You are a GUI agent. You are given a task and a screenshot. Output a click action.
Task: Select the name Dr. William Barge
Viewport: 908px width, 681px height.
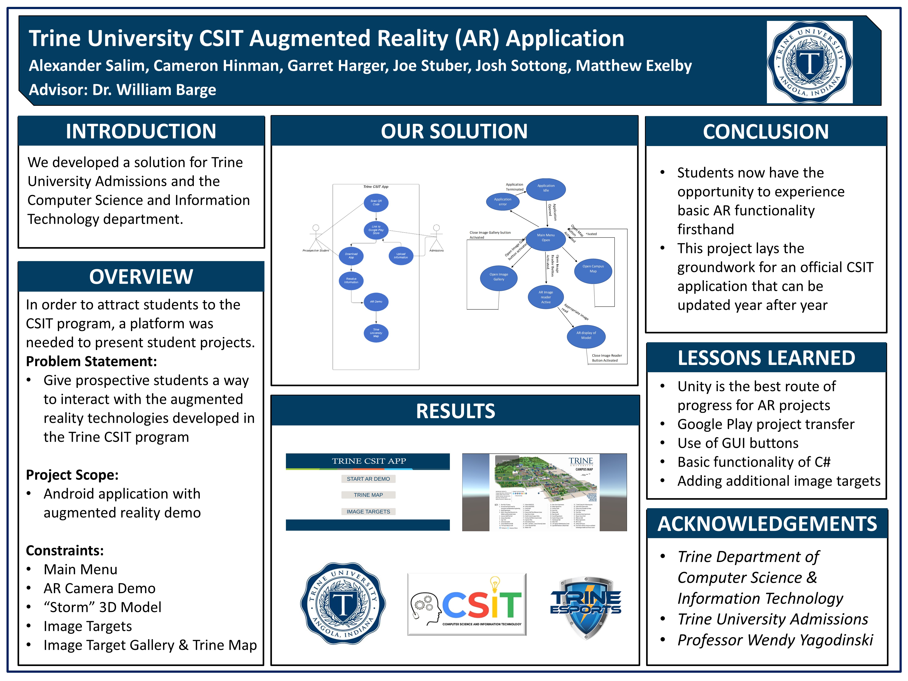coord(154,89)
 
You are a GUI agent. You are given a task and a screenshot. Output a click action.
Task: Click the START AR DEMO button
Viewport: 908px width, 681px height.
coord(368,479)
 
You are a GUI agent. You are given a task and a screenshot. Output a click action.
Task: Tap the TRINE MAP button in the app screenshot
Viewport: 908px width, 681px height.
coord(368,495)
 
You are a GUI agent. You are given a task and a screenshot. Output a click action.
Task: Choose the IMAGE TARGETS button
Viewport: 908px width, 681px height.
coord(368,512)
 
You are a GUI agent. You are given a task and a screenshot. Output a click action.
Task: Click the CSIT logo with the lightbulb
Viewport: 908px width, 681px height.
coord(467,604)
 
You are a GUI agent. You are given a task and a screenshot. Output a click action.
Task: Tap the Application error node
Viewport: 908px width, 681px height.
coord(502,202)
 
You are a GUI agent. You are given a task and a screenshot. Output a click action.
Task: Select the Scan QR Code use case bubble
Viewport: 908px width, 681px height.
coord(376,203)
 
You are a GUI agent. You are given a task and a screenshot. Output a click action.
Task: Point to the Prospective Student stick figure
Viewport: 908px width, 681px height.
coord(316,236)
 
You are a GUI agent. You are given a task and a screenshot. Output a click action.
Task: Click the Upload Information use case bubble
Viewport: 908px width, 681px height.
coord(401,256)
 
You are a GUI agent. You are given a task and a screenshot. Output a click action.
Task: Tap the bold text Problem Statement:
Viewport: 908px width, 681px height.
coord(91,361)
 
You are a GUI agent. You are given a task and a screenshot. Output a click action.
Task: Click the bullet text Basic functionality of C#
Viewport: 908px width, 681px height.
coord(754,462)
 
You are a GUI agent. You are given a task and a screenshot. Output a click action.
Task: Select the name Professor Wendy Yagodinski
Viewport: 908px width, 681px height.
coord(775,640)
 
